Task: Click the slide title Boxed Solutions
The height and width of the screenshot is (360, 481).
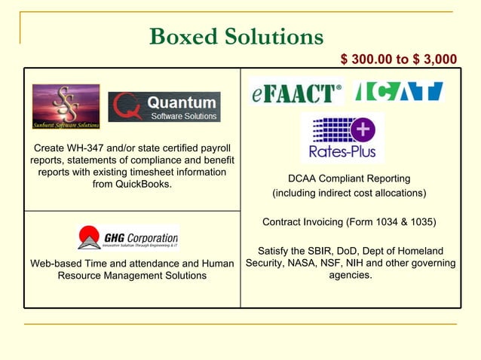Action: (x=237, y=36)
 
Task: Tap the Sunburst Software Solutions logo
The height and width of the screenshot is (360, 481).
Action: (x=66, y=106)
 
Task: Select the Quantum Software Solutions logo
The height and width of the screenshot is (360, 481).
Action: (x=164, y=107)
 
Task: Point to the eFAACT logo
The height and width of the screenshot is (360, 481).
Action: (x=296, y=91)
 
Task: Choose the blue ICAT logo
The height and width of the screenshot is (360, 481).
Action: (x=399, y=91)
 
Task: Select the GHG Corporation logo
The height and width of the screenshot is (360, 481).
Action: (x=127, y=237)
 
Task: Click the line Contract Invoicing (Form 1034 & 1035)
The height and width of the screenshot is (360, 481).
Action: (x=349, y=222)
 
